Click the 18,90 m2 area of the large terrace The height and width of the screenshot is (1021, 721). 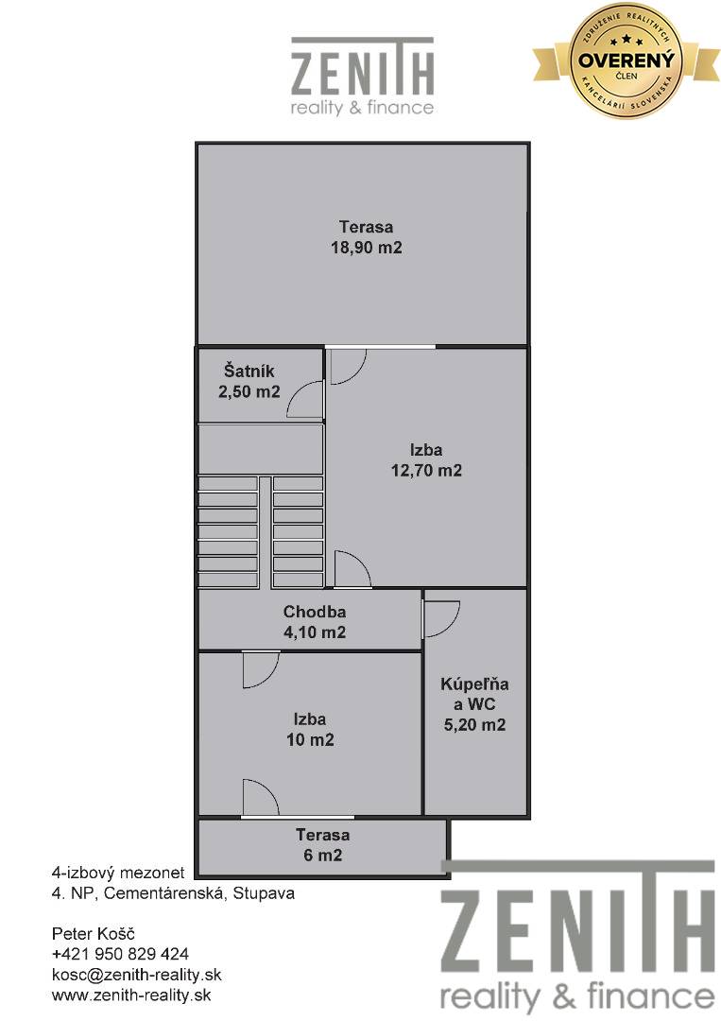pyautogui.click(x=367, y=248)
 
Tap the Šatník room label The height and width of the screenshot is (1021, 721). pyautogui.click(x=249, y=372)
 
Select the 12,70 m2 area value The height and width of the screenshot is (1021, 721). pyautogui.click(x=426, y=470)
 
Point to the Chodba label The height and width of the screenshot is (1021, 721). pyautogui.click(x=315, y=612)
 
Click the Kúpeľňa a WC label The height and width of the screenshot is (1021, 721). pyautogui.click(x=474, y=694)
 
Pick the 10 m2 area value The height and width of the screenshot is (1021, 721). pyautogui.click(x=310, y=739)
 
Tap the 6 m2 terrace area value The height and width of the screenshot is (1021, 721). pyautogui.click(x=323, y=855)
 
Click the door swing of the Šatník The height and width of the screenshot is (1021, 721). pyautogui.click(x=305, y=399)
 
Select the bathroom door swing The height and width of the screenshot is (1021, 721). pyautogui.click(x=442, y=618)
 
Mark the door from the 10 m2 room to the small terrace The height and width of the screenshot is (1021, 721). pyautogui.click(x=261, y=797)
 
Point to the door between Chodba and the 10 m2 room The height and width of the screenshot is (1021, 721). pyautogui.click(x=261, y=669)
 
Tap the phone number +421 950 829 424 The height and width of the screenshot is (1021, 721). pyautogui.click(x=120, y=954)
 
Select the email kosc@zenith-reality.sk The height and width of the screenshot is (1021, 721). pyautogui.click(x=137, y=975)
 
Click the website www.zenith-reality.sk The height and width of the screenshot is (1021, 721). pyautogui.click(x=131, y=995)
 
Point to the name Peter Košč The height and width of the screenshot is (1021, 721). pyautogui.click(x=93, y=934)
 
